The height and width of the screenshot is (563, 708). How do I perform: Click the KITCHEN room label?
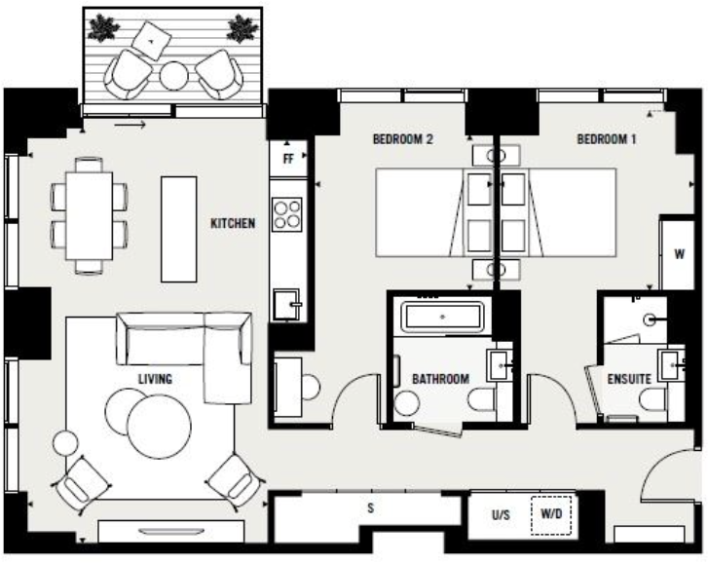click(x=233, y=224)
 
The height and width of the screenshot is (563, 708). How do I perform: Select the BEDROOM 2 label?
click(x=402, y=139)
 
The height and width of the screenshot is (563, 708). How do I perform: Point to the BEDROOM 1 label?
click(x=606, y=139)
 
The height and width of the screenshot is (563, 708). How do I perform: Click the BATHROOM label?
click(x=440, y=379)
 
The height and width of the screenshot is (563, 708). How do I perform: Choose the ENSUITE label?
click(x=628, y=379)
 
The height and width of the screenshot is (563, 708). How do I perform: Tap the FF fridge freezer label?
click(x=288, y=156)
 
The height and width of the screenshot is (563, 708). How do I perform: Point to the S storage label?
click(x=370, y=507)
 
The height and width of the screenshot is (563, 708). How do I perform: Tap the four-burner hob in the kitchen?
click(x=287, y=213)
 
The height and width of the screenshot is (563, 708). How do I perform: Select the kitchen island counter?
click(x=178, y=227)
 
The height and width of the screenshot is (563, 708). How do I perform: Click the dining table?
click(x=89, y=213)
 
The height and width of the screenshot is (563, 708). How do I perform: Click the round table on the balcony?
click(x=173, y=75)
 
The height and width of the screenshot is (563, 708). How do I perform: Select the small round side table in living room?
click(x=65, y=444)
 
